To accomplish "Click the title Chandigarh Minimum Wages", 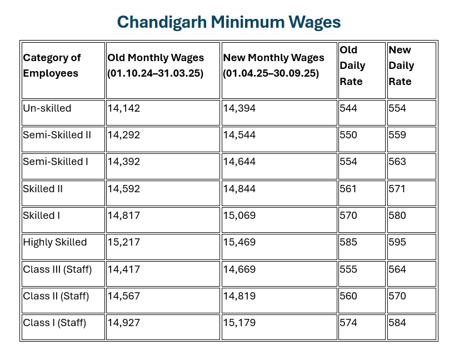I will (x=228, y=22).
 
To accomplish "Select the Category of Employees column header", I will (x=52, y=66).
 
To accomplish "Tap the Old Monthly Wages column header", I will (x=156, y=66).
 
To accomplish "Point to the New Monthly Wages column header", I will (x=273, y=66).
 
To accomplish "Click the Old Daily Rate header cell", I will (x=352, y=66).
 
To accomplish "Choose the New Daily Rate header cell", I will (x=401, y=66).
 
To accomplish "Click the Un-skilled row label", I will (x=47, y=108).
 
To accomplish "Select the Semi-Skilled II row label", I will (x=57, y=135).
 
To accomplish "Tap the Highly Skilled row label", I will (x=55, y=242).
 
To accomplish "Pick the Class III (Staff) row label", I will (x=57, y=269).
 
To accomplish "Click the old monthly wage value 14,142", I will (x=124, y=108).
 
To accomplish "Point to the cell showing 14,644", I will (x=240, y=162).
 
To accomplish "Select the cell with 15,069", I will (x=240, y=216).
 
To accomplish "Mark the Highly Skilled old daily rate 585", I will (x=348, y=242).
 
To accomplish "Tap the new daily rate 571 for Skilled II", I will (x=397, y=189).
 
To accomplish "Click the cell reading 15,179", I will (x=240, y=323).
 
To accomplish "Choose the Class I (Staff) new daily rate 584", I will (x=397, y=323).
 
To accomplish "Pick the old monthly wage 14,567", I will (x=124, y=296).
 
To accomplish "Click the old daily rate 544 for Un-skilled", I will (x=348, y=108).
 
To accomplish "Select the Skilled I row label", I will (x=41, y=216).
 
